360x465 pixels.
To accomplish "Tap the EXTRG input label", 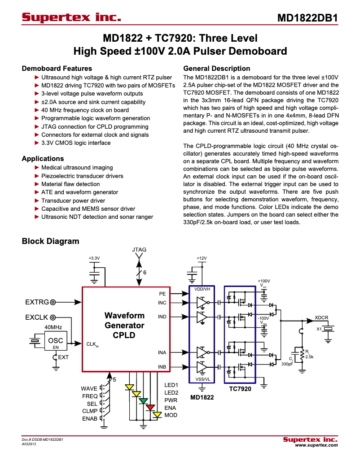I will click(37, 303).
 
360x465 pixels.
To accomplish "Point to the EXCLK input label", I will click(37, 317).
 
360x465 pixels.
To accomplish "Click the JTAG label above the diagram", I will click(139, 249).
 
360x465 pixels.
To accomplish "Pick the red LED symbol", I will click(150, 407).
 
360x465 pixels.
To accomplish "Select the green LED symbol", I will click(143, 400).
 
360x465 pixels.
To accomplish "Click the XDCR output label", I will click(321, 317).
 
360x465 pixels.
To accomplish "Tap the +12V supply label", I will click(202, 258).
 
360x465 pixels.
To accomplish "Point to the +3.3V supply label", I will click(94, 258).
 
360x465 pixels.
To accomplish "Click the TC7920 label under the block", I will click(240, 389).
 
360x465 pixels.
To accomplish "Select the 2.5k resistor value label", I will click(309, 356).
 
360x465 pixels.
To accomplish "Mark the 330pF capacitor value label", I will click(287, 364).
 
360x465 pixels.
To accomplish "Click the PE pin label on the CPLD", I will click(162, 294).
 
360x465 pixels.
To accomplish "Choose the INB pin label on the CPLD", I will click(162, 367).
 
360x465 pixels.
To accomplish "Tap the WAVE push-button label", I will click(89, 388).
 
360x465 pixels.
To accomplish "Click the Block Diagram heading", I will click(50, 241).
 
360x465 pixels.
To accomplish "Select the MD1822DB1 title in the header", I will click(307, 18).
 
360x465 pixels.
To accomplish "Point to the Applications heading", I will click(43, 159).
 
